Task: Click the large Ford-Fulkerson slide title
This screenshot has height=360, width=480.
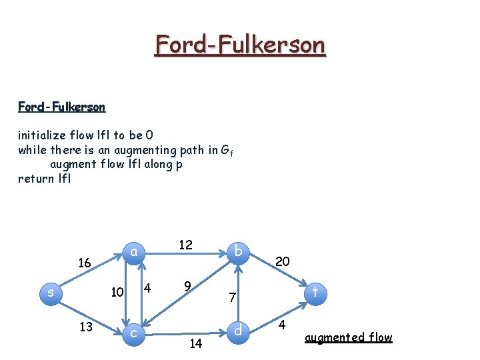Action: [x=240, y=45]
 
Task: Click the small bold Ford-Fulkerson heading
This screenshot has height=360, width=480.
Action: [x=61, y=107]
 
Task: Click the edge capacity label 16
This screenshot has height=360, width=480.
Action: [x=84, y=263]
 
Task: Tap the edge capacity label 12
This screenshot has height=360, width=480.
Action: [x=185, y=245]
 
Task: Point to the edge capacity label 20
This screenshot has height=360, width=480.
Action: [x=282, y=262]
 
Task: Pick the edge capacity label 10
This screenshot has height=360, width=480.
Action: [x=117, y=292]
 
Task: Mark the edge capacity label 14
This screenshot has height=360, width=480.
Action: [x=195, y=344]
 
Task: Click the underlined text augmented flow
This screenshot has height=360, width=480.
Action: [x=348, y=337]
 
